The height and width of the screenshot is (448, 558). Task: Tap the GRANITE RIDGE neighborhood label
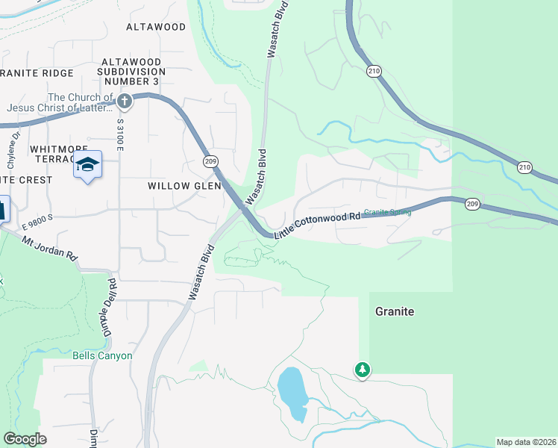pyautogui.click(x=37, y=73)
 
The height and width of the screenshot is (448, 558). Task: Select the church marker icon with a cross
pyautogui.click(x=125, y=100)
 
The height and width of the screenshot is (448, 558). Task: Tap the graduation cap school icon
pyautogui.click(x=87, y=164)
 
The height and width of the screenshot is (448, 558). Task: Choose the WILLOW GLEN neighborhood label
pyautogui.click(x=184, y=185)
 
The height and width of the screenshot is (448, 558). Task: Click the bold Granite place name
pyautogui.click(x=394, y=311)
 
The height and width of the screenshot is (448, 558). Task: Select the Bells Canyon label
pyautogui.click(x=102, y=355)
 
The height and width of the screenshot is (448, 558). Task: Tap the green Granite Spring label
pyautogui.click(x=387, y=212)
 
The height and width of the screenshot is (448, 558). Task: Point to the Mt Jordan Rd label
pyautogui.click(x=49, y=248)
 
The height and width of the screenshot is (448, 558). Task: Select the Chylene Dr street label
pyautogui.click(x=13, y=149)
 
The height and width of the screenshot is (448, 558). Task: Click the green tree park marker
pyautogui.click(x=363, y=370)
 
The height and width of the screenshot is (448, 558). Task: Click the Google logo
pyautogui.click(x=25, y=439)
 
